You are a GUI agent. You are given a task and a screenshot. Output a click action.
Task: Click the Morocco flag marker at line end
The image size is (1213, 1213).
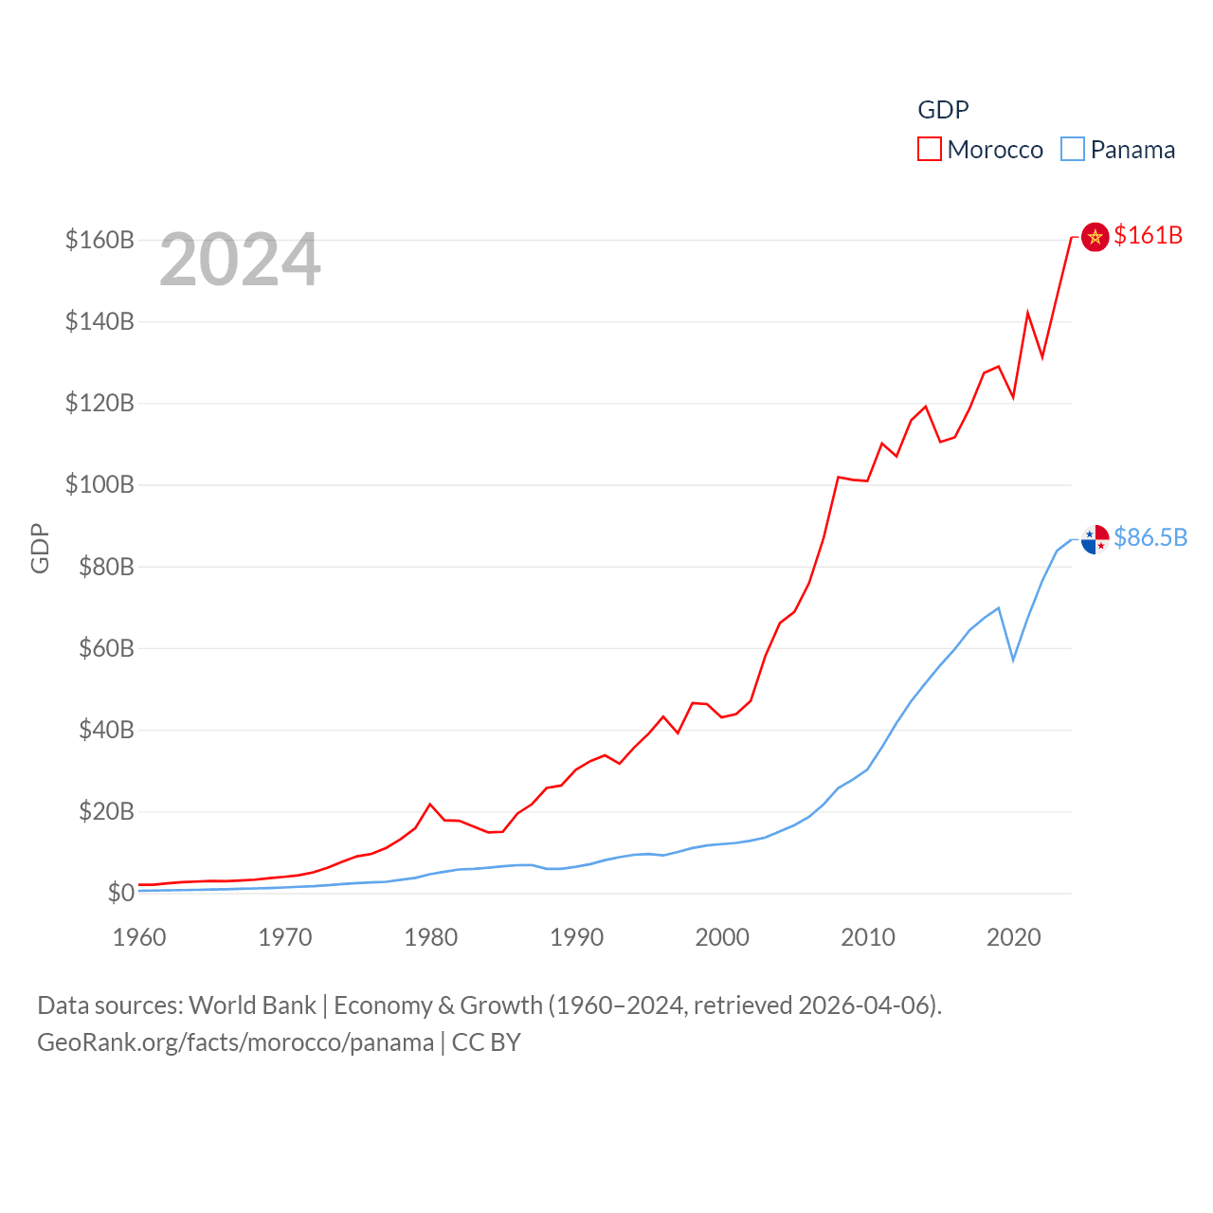pos(1095,237)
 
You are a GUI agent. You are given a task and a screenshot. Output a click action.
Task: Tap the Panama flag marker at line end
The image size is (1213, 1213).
pos(1095,539)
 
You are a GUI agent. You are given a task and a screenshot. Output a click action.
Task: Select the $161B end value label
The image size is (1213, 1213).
pos(1148,235)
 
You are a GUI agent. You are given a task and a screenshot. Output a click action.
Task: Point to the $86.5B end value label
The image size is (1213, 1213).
pos(1150,537)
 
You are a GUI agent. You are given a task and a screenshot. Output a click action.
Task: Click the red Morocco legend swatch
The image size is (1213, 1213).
pos(930,150)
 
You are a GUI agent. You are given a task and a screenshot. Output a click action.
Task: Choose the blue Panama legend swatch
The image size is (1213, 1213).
pos(1073,150)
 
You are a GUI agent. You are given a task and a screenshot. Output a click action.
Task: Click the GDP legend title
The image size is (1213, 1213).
pos(943,110)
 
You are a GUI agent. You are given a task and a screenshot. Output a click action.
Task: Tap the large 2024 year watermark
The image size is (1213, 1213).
pos(240,260)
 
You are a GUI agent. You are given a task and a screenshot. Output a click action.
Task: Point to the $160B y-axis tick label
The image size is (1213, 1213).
pos(100,240)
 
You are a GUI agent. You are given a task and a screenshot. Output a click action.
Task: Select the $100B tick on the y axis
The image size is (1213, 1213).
pos(100,485)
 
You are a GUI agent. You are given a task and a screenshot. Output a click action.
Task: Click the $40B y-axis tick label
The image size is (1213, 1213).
pos(106,730)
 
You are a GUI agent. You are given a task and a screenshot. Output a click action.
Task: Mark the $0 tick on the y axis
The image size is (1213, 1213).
pos(120,893)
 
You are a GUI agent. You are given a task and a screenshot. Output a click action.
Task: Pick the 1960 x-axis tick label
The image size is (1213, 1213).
pos(139,937)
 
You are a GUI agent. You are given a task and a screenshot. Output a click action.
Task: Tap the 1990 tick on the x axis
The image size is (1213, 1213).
pos(576,937)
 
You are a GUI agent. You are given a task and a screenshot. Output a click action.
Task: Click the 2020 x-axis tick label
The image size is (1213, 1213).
pos(1013,937)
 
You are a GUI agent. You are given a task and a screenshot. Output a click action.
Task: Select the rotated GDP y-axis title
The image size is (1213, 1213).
pos(40,548)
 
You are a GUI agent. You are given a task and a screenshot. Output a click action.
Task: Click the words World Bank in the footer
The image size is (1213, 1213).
pos(252,1005)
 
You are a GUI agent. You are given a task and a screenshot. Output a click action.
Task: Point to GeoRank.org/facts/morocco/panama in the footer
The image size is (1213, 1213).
pos(235,1042)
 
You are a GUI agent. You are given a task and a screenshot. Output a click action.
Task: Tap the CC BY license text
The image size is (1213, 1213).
pos(486,1042)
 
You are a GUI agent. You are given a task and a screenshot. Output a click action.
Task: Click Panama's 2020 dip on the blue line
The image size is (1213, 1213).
pos(1013,660)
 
